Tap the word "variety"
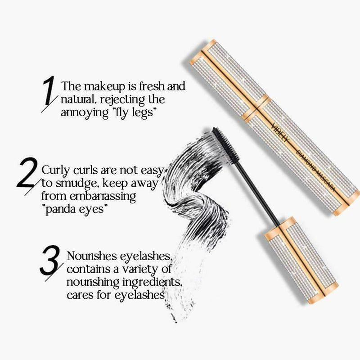click(x=135, y=270)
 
